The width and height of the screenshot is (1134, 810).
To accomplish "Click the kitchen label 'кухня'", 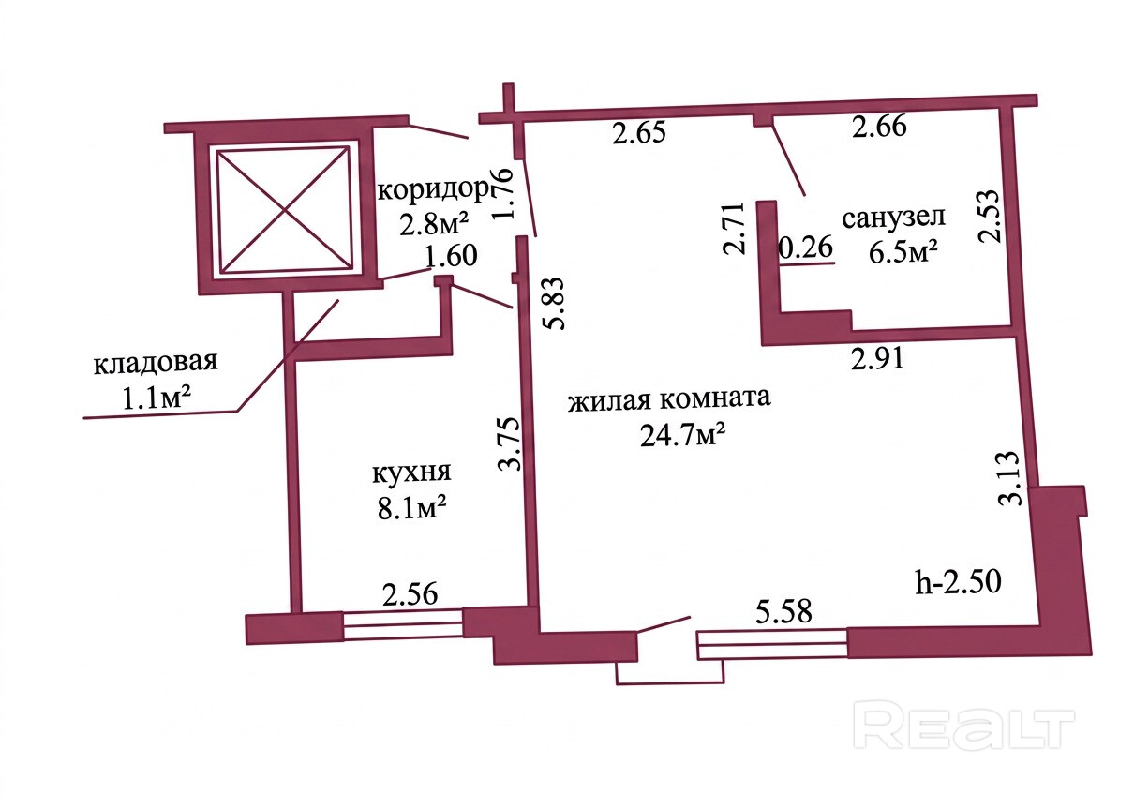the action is (x=411, y=472).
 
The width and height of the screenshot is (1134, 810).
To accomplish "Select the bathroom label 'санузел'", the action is (x=893, y=218).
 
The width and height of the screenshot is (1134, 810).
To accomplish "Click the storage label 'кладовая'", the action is (x=156, y=362).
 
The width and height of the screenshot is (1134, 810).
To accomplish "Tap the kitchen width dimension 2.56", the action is (x=410, y=594).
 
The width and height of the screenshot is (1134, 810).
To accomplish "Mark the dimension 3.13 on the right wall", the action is (x=1010, y=481).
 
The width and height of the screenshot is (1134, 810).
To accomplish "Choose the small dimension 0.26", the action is (x=805, y=248).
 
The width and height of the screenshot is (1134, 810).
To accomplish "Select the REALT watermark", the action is (x=966, y=727).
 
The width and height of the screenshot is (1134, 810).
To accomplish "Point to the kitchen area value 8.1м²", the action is (x=409, y=509).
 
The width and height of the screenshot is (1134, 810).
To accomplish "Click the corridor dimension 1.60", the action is (x=451, y=255).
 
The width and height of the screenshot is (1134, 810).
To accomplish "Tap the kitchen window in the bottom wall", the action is (x=403, y=625).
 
